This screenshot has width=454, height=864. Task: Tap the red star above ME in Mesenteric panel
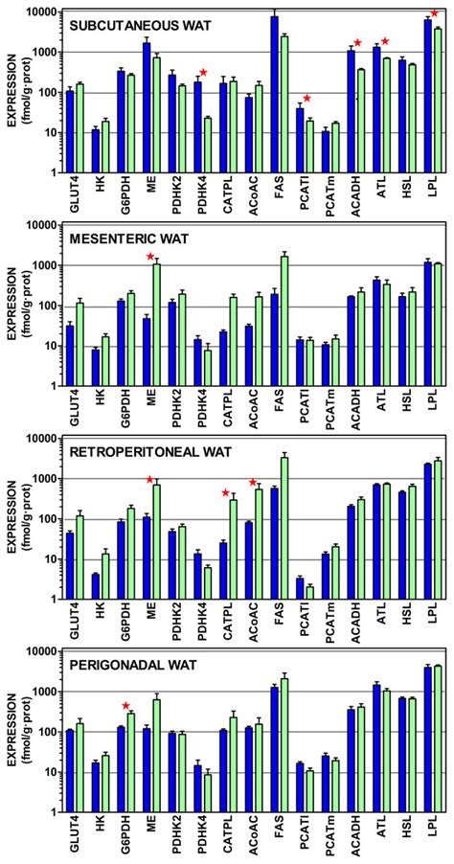[x=149, y=229]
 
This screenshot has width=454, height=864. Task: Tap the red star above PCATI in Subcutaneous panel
[x=307, y=99]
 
